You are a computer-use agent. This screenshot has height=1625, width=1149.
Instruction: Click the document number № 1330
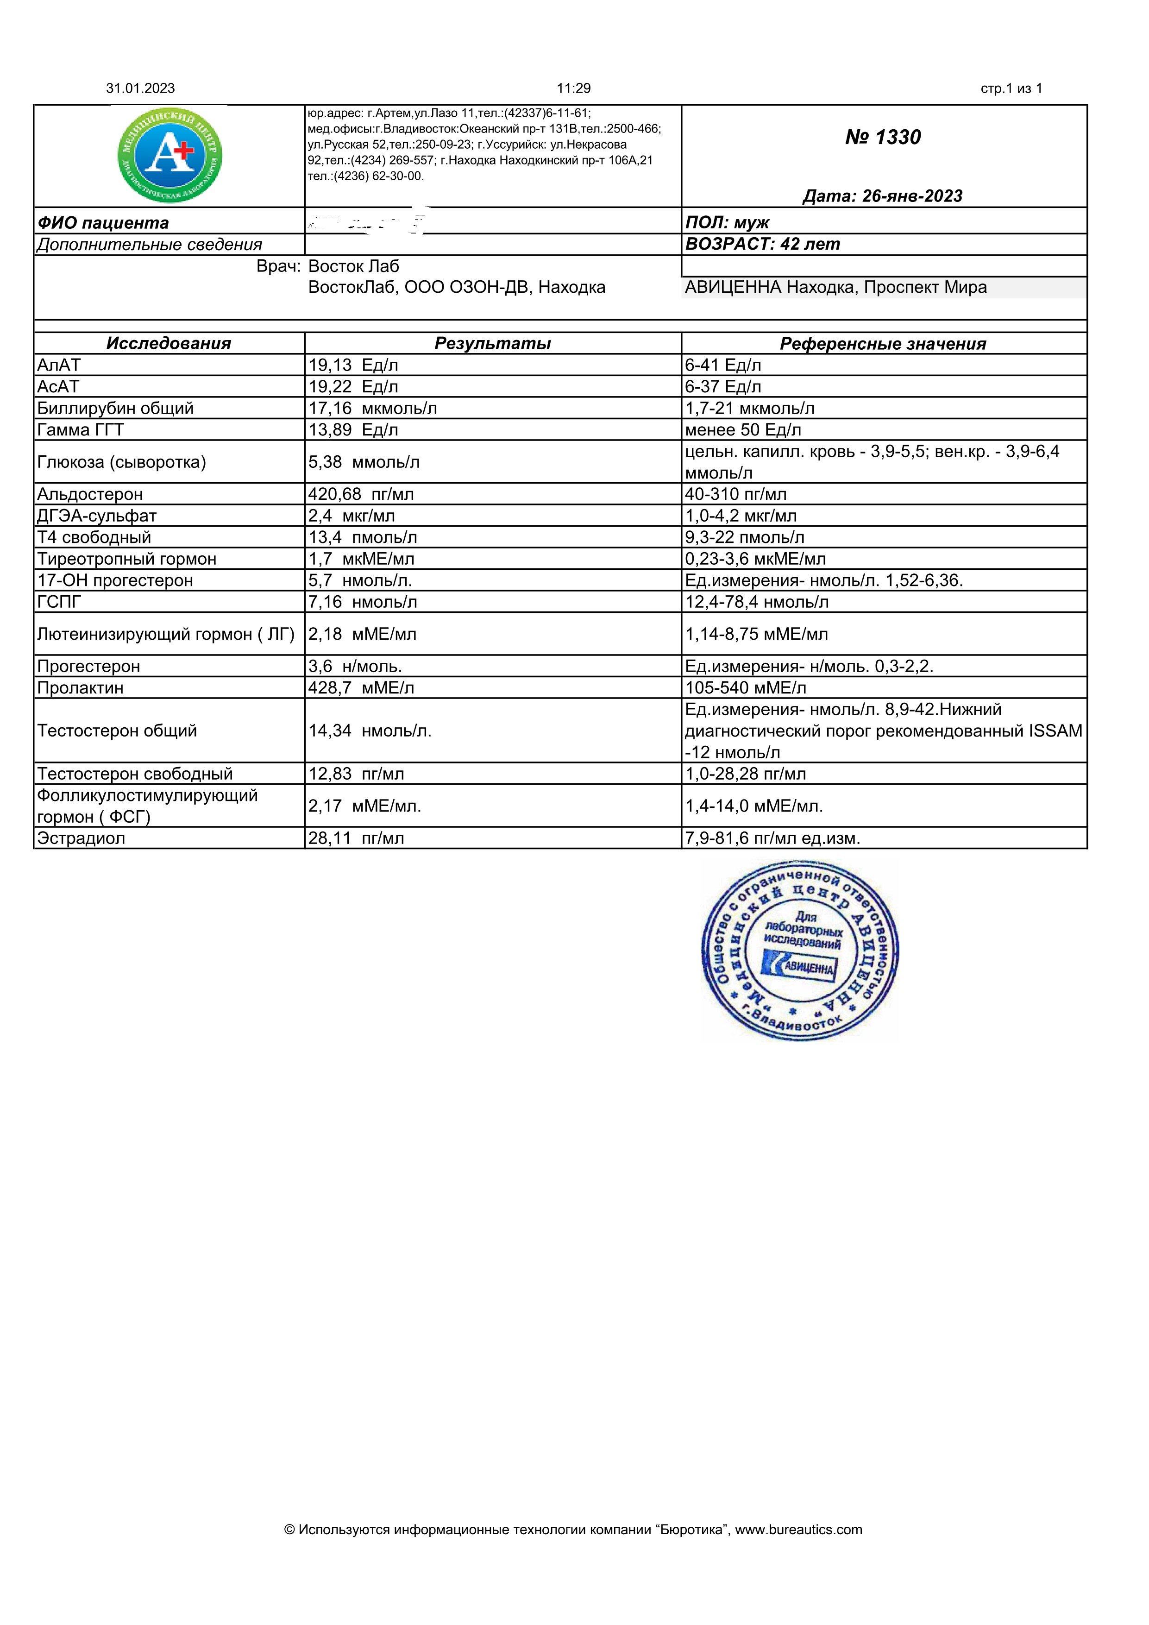tap(883, 137)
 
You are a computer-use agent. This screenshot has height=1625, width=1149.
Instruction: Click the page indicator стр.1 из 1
tap(1011, 88)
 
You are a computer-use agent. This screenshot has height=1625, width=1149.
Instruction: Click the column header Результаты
tap(492, 343)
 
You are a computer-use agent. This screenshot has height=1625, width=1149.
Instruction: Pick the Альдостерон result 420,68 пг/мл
tap(361, 494)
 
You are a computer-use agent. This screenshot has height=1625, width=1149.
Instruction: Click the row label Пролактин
tap(80, 688)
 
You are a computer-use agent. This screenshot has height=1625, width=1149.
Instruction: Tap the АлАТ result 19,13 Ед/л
tap(353, 365)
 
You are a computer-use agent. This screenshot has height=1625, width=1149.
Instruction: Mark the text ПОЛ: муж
tap(727, 223)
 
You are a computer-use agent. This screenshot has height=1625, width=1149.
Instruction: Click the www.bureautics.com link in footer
tap(798, 1530)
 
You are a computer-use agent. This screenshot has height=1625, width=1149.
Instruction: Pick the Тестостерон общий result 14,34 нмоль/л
tap(369, 731)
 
